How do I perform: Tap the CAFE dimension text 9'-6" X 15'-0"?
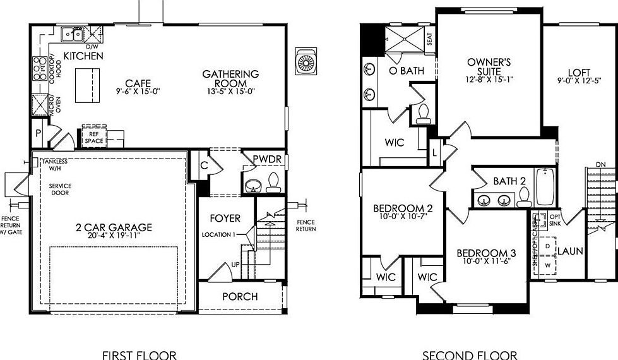[138, 92]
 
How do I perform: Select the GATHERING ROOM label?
[230, 79]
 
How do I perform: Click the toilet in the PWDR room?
[273, 182]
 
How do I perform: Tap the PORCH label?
[240, 296]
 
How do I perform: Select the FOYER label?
[225, 219]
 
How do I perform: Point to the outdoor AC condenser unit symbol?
[307, 61]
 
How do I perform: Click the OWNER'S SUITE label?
[489, 66]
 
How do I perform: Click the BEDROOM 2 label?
[403, 208]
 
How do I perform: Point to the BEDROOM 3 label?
[486, 254]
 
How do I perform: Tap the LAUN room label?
[570, 251]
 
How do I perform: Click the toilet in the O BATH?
[423, 114]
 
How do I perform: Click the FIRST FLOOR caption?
[140, 355]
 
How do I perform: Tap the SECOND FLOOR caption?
[470, 355]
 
